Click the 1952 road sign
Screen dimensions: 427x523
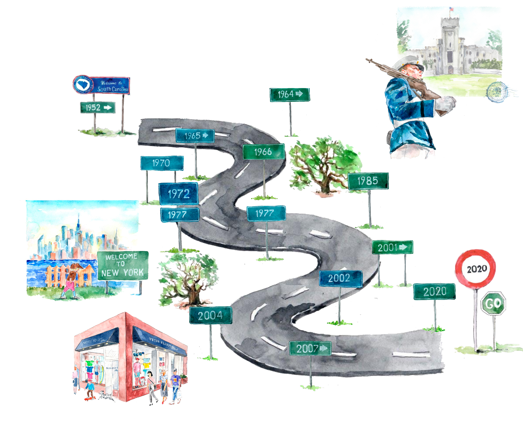(98, 108)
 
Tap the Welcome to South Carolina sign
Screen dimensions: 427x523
(102, 85)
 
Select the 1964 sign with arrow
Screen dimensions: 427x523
(290, 94)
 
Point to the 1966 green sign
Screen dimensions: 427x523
(264, 152)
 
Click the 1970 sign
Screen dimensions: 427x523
(162, 163)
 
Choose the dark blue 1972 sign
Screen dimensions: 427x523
(178, 194)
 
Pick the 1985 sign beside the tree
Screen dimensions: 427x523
(368, 181)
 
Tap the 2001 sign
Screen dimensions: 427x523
(392, 247)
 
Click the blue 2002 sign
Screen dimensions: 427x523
(340, 278)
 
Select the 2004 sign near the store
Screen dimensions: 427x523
(211, 315)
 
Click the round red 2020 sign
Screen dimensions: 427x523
(476, 269)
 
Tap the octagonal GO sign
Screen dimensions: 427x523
(493, 303)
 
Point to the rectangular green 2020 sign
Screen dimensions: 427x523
(434, 291)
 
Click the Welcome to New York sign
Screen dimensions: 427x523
(123, 265)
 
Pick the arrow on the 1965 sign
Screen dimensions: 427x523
(205, 135)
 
